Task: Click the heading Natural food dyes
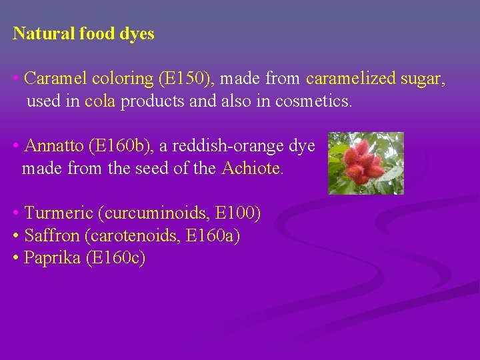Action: (x=83, y=34)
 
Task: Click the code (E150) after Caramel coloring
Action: (x=186, y=79)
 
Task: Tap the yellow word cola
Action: (x=100, y=102)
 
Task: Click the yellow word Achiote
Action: (x=252, y=169)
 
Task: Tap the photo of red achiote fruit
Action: (x=366, y=163)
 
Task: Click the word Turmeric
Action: (x=58, y=213)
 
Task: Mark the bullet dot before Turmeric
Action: (x=15, y=213)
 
